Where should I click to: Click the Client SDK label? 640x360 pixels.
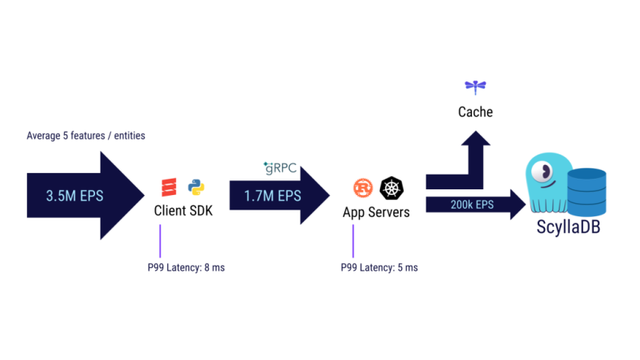click(182, 211)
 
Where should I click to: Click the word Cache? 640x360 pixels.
click(475, 112)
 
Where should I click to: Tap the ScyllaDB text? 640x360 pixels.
click(568, 225)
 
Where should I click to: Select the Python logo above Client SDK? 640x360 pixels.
click(196, 187)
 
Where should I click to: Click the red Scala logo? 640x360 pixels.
click(169, 187)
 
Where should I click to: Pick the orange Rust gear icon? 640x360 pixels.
click(363, 189)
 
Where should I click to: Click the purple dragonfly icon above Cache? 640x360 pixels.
click(475, 85)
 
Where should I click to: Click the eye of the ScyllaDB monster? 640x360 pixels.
click(542, 171)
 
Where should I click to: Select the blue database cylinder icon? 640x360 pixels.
click(586, 191)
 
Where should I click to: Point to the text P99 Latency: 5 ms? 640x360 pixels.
click(379, 267)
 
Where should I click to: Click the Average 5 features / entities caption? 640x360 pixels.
click(86, 136)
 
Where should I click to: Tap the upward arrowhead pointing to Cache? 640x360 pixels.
click(475, 139)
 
